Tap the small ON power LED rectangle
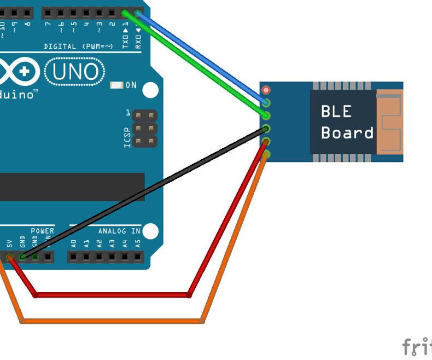[x=116, y=85]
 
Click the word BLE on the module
[x=336, y=112]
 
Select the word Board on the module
[x=347, y=133]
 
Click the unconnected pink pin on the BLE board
[x=266, y=90]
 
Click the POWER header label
[x=42, y=231]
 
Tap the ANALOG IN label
[x=119, y=231]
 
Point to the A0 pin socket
[x=74, y=256]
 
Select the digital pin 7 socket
[x=48, y=12]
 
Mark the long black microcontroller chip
[x=71, y=187]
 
